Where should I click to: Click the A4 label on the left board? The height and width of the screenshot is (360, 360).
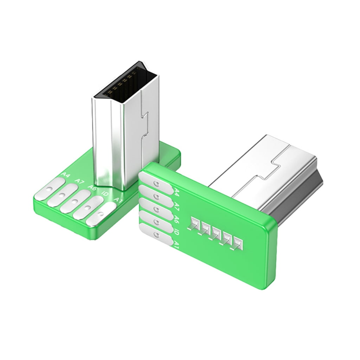pos(65,175)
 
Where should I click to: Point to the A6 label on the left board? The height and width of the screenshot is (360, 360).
pos(92,188)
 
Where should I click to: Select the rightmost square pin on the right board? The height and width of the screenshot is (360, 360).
pos(239,243)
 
